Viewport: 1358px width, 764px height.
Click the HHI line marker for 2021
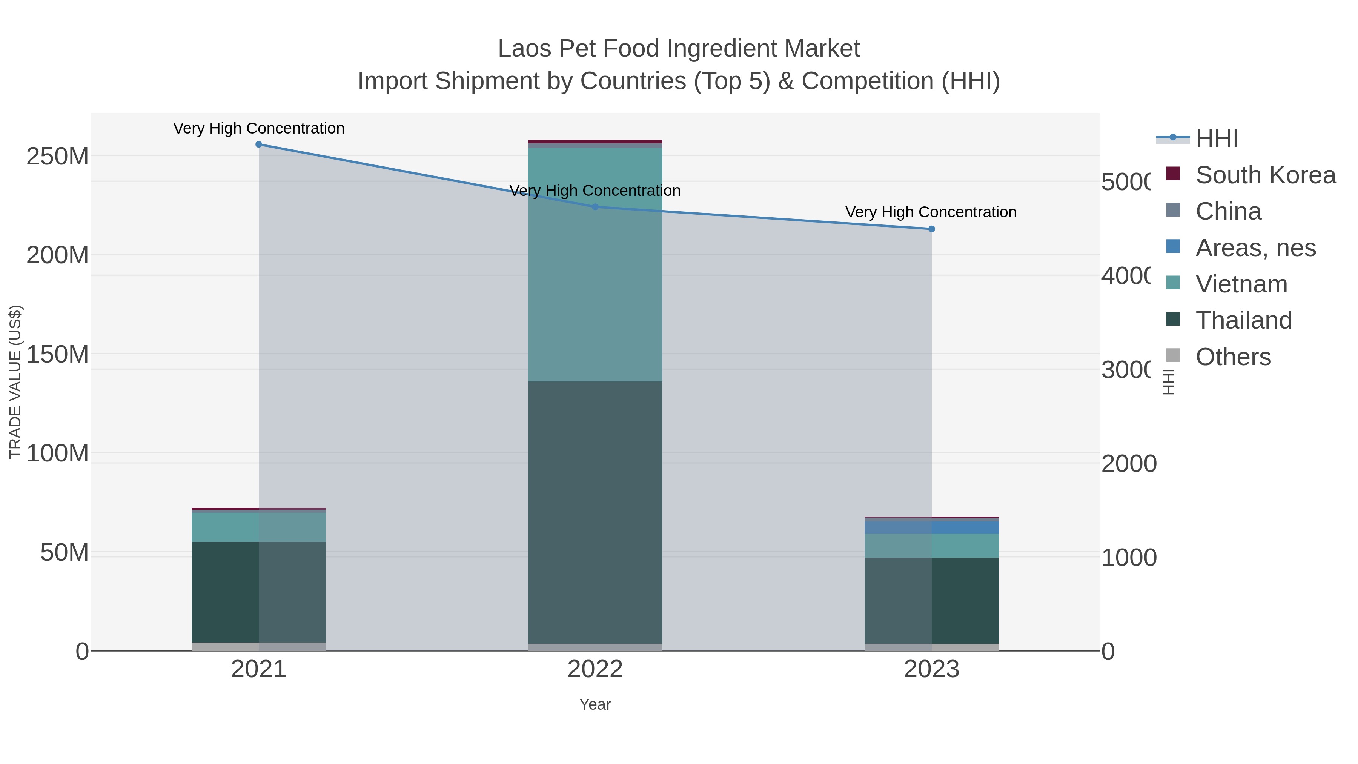click(258, 144)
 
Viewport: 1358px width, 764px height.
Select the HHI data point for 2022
click(595, 207)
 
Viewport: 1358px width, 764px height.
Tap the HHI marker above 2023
click(931, 229)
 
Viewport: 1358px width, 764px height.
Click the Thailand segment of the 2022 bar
click(595, 512)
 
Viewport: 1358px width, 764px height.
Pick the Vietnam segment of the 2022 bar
click(595, 264)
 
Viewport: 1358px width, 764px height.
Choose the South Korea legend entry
click(1265, 175)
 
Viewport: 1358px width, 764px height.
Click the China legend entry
click(1228, 211)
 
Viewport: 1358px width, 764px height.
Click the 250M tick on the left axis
click(57, 157)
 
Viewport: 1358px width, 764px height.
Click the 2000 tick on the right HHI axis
click(1129, 464)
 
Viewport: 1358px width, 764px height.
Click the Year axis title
click(595, 704)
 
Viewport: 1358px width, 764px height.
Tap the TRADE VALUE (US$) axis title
click(15, 382)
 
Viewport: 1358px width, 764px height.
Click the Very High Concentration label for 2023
click(931, 212)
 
